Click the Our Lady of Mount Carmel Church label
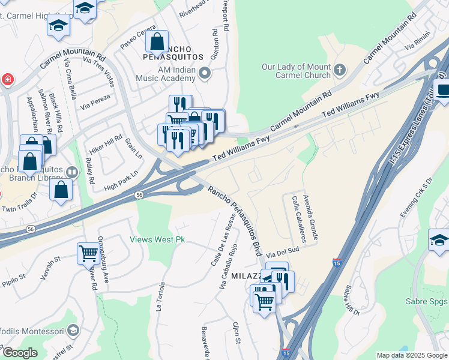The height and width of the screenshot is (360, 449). [x=296, y=71]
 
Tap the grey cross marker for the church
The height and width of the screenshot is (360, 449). [x=340, y=70]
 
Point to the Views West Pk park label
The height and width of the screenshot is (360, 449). [x=158, y=239]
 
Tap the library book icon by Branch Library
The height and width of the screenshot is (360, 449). [x=72, y=172]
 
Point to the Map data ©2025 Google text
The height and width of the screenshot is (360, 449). [x=411, y=355]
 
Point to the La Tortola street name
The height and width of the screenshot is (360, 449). [x=160, y=297]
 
